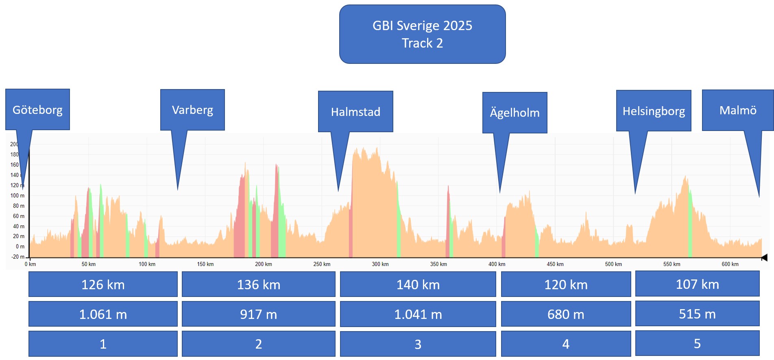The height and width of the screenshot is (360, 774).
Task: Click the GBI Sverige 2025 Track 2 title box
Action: (422, 34)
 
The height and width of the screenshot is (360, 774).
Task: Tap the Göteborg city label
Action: (37, 110)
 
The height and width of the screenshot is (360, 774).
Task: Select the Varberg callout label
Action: (192, 110)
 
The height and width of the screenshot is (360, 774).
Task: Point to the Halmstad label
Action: (355, 111)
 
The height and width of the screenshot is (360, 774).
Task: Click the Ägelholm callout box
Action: (515, 113)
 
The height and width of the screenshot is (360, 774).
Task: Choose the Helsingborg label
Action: (654, 111)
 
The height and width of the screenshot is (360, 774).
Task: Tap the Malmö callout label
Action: (738, 110)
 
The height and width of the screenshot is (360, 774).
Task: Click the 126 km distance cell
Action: (103, 284)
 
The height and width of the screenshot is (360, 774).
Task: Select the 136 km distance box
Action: (259, 284)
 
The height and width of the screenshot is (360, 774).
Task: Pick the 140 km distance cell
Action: (418, 284)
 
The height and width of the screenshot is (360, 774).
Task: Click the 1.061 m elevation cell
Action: (103, 314)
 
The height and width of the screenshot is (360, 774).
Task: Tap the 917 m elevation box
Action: (259, 314)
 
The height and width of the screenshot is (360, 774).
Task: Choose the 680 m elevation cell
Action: (566, 314)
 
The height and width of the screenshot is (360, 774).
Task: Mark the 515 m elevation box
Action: (697, 314)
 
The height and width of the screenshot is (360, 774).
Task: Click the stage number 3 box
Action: (418, 344)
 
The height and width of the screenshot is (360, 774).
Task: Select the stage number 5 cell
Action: (697, 344)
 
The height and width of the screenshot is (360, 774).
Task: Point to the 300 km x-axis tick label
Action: (380, 264)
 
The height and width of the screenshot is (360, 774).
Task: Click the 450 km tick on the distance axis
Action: (555, 264)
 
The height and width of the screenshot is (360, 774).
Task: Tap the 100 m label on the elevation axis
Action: (17, 196)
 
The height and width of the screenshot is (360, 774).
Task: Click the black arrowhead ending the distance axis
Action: (764, 257)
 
